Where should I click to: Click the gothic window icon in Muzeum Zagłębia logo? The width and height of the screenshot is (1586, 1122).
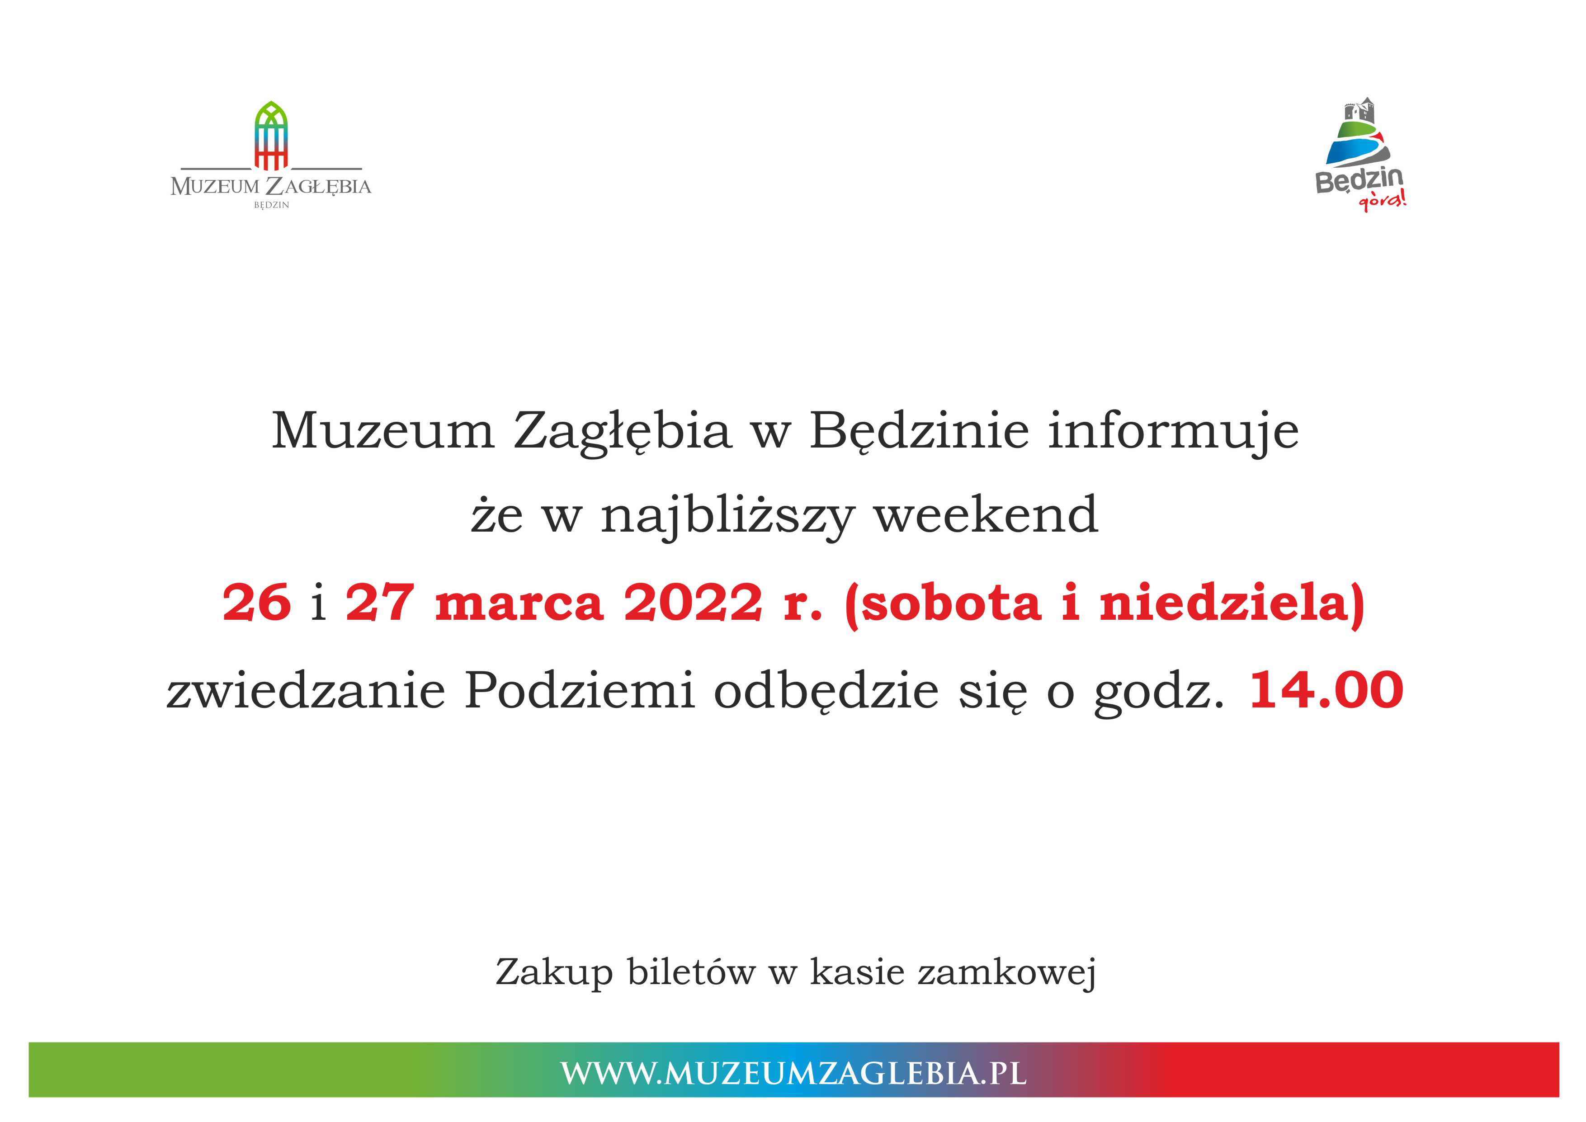[271, 136]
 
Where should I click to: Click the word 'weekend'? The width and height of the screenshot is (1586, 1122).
[987, 515]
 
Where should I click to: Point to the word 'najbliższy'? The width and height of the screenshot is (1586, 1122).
[728, 517]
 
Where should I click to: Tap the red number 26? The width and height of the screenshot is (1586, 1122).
[257, 603]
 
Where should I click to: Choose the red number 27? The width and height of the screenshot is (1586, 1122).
[380, 603]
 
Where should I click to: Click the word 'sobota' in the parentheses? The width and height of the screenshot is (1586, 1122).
[951, 603]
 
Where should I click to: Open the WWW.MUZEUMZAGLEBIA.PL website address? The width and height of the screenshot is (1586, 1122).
[793, 1074]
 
